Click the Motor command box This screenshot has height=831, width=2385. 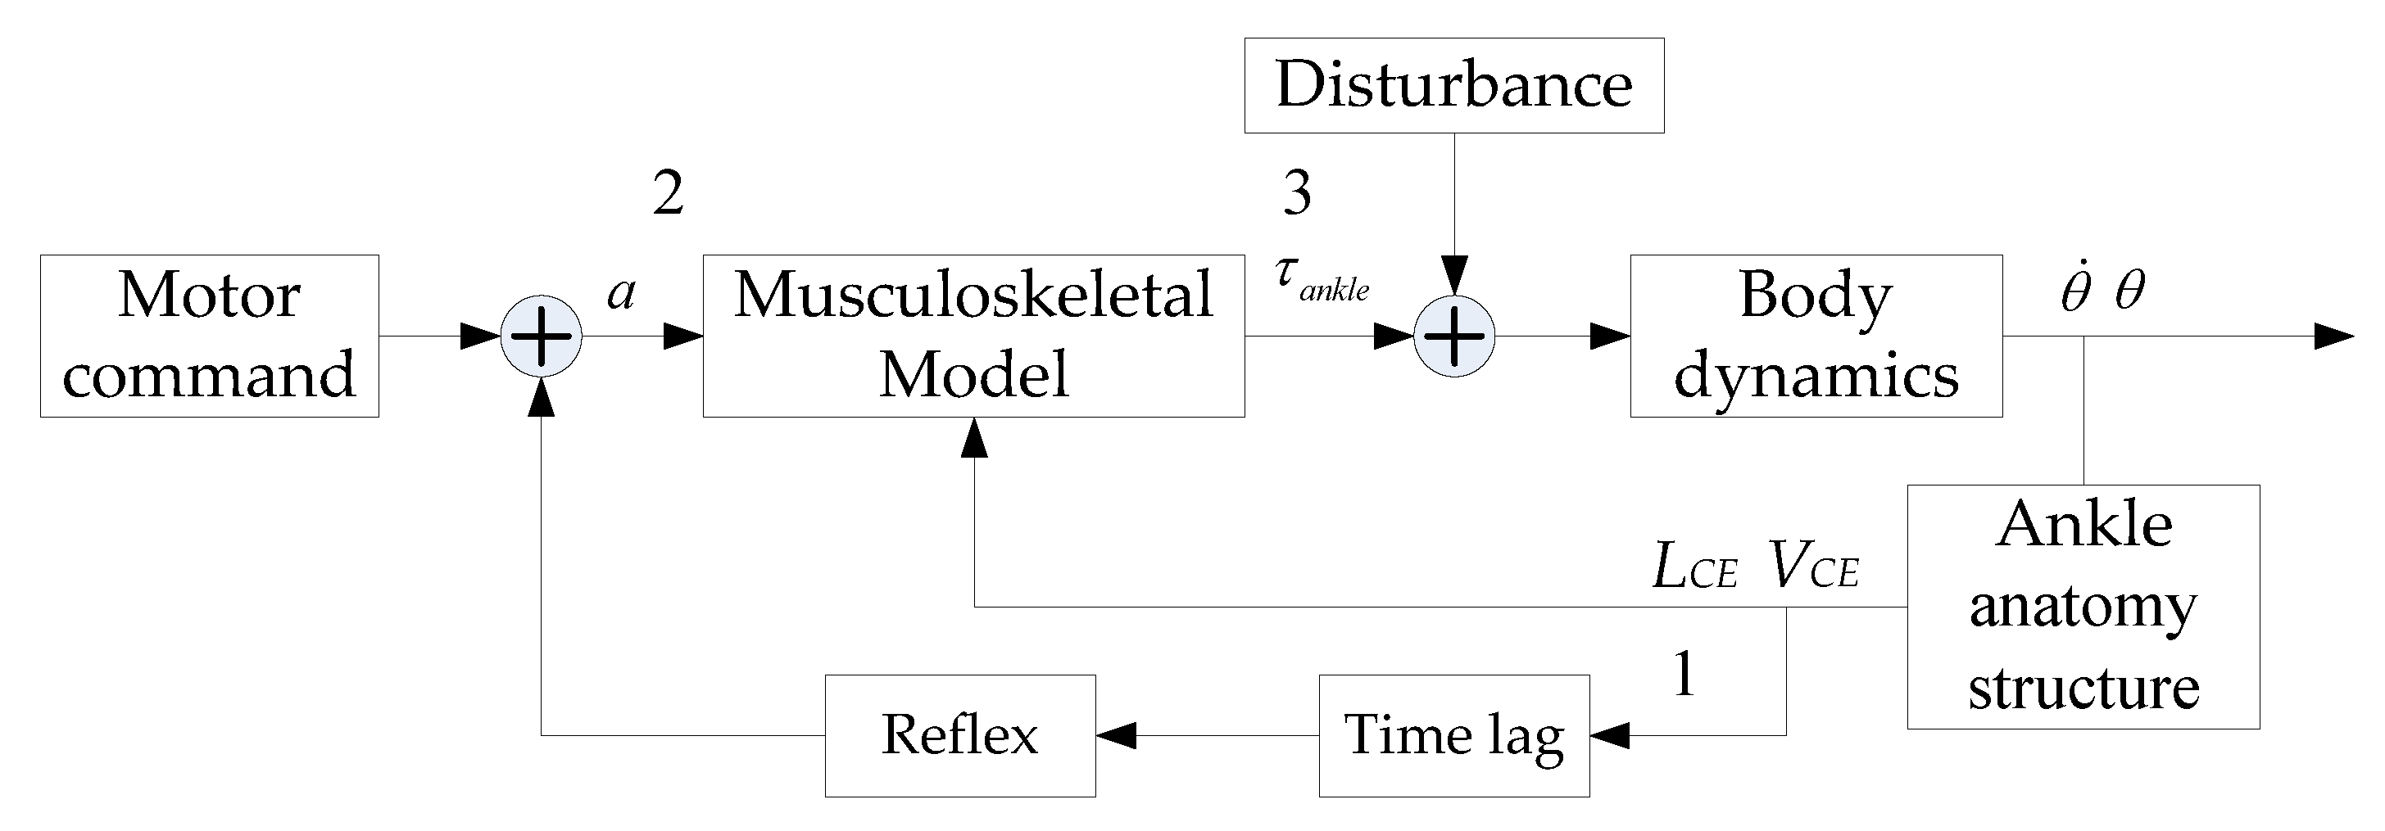pos(209,336)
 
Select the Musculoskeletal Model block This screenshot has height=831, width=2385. pos(973,336)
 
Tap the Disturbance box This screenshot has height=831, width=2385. pos(1453,85)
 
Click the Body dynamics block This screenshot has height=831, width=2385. pos(1816,336)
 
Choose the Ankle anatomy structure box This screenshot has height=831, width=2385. pos(2083,607)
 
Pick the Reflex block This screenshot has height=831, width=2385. pos(960,736)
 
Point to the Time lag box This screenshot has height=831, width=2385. pos(1453,736)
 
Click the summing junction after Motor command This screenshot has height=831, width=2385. pos(541,336)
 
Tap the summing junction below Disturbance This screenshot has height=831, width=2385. pos(1453,336)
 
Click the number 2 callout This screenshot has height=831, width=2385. pos(669,194)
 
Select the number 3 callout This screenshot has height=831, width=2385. pos(1297,194)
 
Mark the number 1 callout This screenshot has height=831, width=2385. pos(1684,674)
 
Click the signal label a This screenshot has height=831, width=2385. pos(621,293)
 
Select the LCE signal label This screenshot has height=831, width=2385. pos(1695,567)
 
